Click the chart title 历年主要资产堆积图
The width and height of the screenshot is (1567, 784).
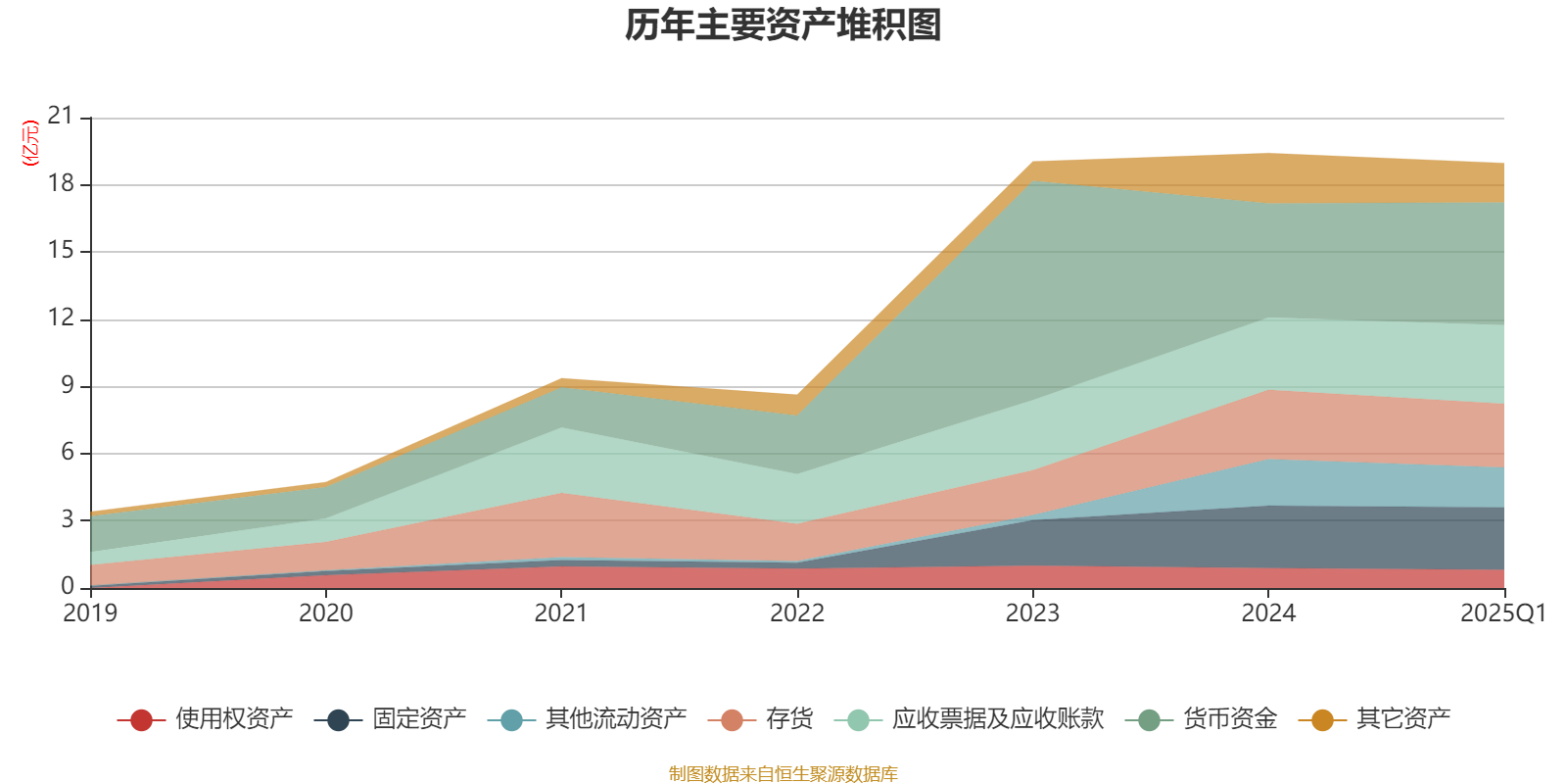point(783,26)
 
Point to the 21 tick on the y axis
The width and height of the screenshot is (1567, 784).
point(61,117)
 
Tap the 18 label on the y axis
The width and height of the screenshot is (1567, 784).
point(61,183)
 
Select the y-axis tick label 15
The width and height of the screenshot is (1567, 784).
point(61,250)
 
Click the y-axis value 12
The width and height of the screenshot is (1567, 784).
point(61,318)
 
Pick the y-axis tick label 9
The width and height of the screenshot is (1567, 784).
point(68,385)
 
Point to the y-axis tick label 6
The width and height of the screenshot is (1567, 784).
point(68,452)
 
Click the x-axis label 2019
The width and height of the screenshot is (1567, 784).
point(90,613)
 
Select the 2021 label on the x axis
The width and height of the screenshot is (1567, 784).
point(561,613)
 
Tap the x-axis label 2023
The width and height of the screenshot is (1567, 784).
point(1032,613)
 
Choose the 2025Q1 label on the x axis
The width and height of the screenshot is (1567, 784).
point(1502,613)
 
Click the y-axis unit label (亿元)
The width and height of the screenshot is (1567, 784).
point(30,143)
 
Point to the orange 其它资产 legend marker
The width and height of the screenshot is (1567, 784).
point(1322,720)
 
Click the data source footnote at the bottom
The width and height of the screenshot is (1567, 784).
point(783,774)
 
